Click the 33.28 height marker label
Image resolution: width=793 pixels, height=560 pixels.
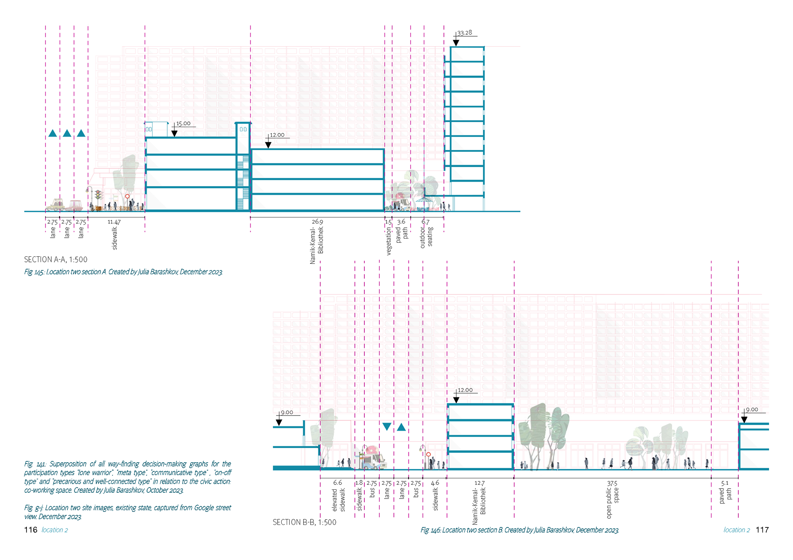(x=464, y=33)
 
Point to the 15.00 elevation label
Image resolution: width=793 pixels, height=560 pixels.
(x=183, y=123)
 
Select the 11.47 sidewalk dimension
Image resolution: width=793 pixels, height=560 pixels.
(x=114, y=222)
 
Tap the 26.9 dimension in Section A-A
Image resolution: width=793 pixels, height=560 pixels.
(x=317, y=222)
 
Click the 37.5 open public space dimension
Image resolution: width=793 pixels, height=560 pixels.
(x=612, y=483)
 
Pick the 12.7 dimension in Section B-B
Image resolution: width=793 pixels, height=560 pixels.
(x=480, y=483)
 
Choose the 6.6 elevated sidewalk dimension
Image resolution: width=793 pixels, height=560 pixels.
(x=337, y=482)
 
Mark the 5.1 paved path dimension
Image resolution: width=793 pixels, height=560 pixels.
(x=725, y=483)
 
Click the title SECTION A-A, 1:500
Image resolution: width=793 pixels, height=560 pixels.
(x=56, y=260)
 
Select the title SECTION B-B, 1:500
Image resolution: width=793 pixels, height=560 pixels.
(x=304, y=522)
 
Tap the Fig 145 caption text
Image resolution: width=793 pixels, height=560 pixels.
(x=123, y=272)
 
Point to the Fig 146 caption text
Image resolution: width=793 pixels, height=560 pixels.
(x=520, y=530)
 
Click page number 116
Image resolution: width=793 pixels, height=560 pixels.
(x=31, y=530)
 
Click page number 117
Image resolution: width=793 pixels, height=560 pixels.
(x=762, y=530)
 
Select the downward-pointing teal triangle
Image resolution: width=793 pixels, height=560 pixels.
(x=387, y=427)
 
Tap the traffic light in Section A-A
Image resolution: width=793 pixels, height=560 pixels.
(x=98, y=194)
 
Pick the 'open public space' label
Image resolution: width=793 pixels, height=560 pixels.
(x=612, y=503)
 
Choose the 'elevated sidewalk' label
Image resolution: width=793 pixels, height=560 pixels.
(x=338, y=500)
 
